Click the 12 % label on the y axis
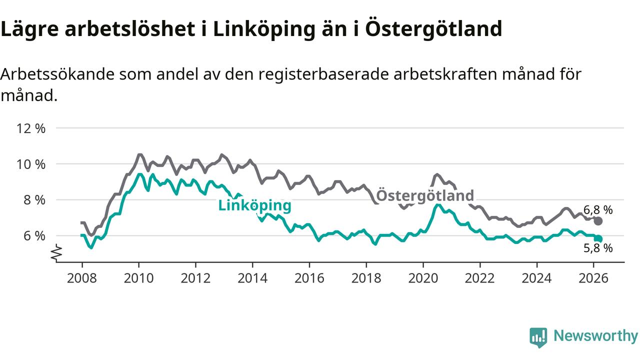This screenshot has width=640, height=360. click(x=31, y=128)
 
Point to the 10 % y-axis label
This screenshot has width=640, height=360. click(x=31, y=164)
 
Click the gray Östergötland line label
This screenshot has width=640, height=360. click(x=424, y=195)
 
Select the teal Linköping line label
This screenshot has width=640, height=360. click(x=254, y=205)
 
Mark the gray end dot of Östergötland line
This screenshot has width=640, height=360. click(x=598, y=221)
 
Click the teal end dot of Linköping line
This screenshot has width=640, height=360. click(x=598, y=239)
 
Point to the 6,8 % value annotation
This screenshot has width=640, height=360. click(x=598, y=210)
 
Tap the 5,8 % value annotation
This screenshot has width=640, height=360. click(x=598, y=248)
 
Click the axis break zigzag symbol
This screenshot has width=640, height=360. click(x=56, y=252)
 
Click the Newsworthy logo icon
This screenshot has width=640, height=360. click(x=538, y=337)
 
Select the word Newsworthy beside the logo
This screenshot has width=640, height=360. click(x=595, y=336)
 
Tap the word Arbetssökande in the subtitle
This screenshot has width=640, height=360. click(x=58, y=75)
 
